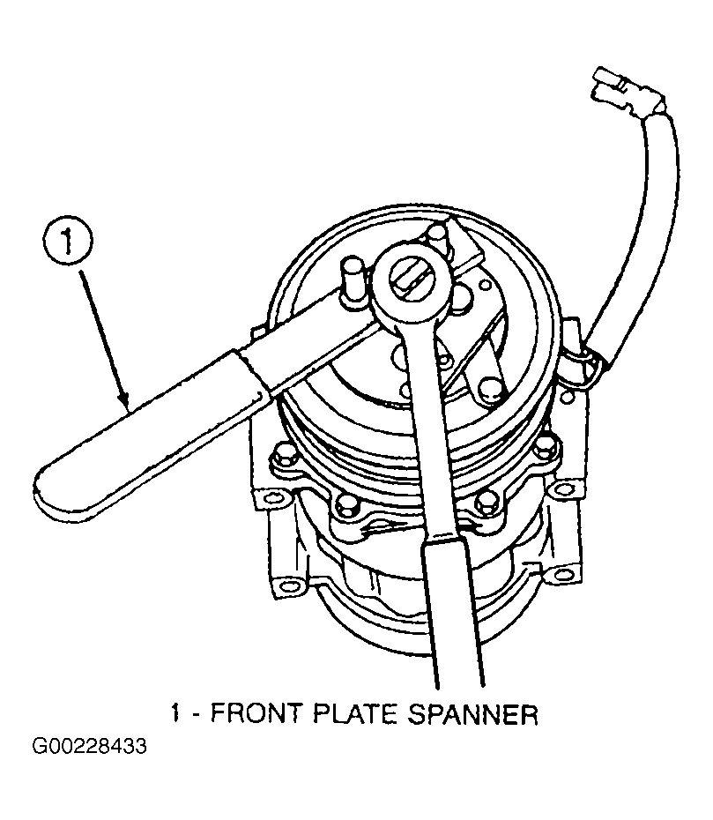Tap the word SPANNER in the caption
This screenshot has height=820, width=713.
point(472,713)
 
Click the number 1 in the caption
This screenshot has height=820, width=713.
point(176,713)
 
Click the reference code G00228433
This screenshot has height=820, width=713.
point(89,746)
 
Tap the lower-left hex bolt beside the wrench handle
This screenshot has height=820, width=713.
point(346,503)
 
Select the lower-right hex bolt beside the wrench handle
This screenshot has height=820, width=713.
point(486,502)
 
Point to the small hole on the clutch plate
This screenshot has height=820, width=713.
point(486,285)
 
